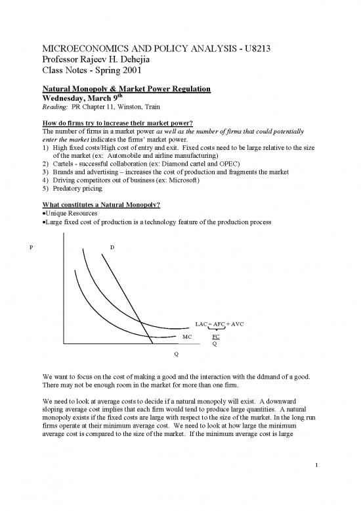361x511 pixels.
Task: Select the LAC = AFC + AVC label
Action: coord(215,324)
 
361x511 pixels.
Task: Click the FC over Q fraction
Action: coord(215,339)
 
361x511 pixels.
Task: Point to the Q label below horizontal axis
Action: coord(175,354)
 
